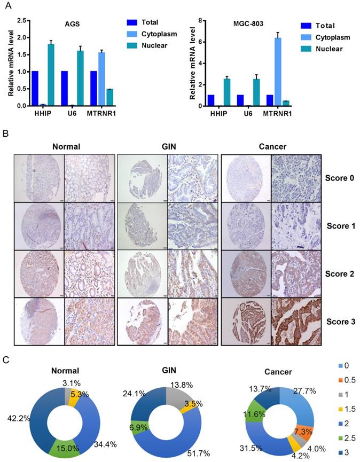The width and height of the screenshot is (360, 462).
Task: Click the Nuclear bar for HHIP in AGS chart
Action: click(x=51, y=75)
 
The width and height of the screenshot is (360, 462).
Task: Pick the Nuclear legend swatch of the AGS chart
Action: click(x=132, y=45)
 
